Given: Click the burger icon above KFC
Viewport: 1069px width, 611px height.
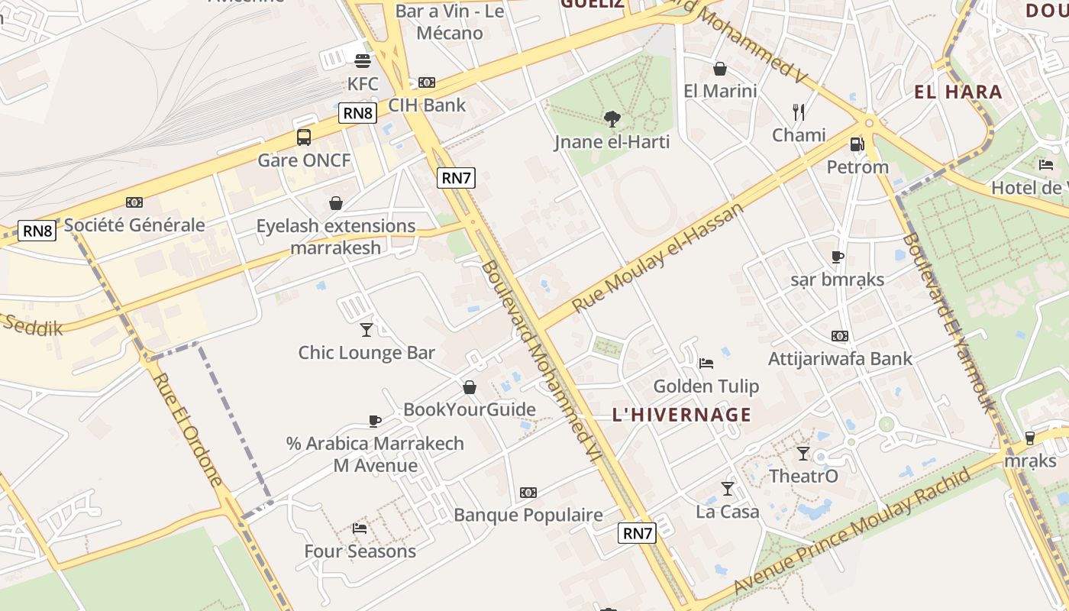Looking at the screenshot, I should pyautogui.click(x=362, y=60).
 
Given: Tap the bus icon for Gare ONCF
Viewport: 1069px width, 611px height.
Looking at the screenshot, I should pyautogui.click(x=304, y=137).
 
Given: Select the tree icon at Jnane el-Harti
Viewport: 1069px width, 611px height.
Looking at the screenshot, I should pyautogui.click(x=612, y=118).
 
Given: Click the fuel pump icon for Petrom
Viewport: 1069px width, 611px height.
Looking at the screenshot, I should pyautogui.click(x=857, y=144).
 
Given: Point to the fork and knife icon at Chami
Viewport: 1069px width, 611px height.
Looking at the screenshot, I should pyautogui.click(x=799, y=112).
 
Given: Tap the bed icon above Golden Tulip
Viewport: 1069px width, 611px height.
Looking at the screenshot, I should pyautogui.click(x=706, y=363).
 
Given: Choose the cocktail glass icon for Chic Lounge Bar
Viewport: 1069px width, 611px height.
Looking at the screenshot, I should pyautogui.click(x=367, y=329).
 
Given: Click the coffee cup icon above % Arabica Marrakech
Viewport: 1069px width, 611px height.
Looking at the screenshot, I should pyautogui.click(x=375, y=421).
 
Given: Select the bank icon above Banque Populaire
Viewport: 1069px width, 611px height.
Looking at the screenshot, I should pyautogui.click(x=528, y=493).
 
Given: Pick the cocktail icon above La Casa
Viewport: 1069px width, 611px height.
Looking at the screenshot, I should pyautogui.click(x=728, y=488).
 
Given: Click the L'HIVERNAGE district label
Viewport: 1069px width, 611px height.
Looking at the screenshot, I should pyautogui.click(x=682, y=415).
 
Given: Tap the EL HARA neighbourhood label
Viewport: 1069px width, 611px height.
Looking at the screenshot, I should pyautogui.click(x=958, y=92).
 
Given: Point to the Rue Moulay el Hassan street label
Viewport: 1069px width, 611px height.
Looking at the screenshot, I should pyautogui.click(x=657, y=257).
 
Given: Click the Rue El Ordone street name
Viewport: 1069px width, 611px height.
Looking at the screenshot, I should pyautogui.click(x=188, y=428).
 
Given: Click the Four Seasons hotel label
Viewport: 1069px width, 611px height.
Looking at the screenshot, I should pyautogui.click(x=360, y=551).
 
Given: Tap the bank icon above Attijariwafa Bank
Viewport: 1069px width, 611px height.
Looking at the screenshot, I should pyautogui.click(x=840, y=336).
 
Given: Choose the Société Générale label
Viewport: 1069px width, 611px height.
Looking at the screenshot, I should pyautogui.click(x=134, y=225).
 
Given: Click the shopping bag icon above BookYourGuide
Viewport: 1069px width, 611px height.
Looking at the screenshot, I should pyautogui.click(x=470, y=387).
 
